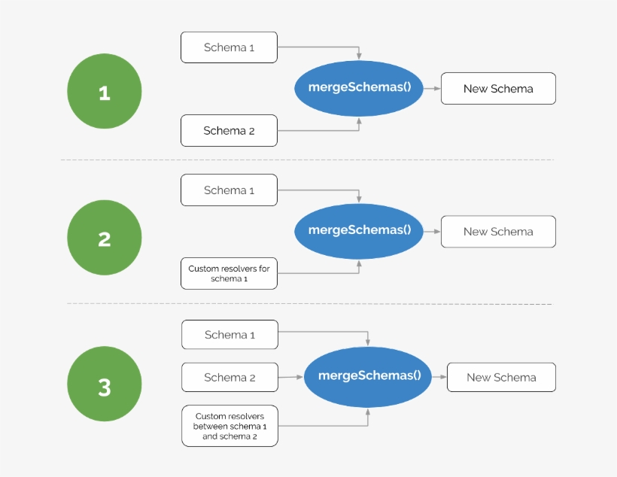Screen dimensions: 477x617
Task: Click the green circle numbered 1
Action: [x=105, y=93]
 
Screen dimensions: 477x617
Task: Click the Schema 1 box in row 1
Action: [x=229, y=47]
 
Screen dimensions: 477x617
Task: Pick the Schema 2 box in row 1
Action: [x=229, y=130]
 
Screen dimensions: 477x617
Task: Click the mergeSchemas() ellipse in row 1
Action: [x=360, y=88]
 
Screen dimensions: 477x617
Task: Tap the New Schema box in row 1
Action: [x=498, y=88]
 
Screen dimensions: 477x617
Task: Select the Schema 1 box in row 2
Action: [x=229, y=190]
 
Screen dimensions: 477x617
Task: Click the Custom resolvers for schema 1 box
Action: [x=229, y=273]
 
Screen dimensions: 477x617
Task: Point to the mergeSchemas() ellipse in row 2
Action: [x=360, y=231]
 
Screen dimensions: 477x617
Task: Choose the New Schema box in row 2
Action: [x=498, y=232]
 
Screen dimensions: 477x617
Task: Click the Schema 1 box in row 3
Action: [x=229, y=335]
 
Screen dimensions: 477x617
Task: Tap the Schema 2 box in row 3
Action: [x=229, y=378]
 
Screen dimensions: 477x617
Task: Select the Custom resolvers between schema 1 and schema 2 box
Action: [x=229, y=426]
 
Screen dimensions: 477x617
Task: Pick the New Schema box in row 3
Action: [x=501, y=377]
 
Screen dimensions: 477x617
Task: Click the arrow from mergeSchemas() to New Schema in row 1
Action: [x=432, y=88]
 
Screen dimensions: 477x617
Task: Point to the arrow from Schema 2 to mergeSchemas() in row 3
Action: [x=290, y=377]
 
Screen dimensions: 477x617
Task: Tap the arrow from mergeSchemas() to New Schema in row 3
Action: [x=439, y=377]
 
